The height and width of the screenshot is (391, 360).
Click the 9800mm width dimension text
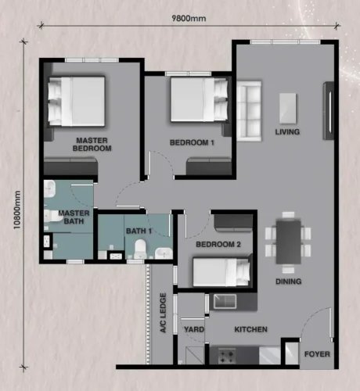[189, 18]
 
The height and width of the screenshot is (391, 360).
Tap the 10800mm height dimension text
[17, 210]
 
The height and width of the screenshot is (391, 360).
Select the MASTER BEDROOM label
[92, 145]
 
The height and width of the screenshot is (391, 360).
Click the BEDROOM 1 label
[192, 142]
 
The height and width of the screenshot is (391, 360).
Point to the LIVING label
[287, 132]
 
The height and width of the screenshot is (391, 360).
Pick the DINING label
[289, 282]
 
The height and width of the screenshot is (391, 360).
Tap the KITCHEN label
[250, 329]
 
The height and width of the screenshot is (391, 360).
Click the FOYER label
[317, 354]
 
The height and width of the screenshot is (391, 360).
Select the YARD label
[194, 329]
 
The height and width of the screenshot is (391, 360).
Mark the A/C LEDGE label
[163, 313]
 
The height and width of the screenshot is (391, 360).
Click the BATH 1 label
[139, 231]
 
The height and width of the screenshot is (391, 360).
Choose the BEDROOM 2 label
[218, 245]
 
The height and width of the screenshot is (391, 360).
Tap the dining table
[288, 242]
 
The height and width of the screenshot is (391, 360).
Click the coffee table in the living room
[288, 109]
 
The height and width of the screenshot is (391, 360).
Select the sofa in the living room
[249, 111]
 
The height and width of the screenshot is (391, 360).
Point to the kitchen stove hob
[226, 357]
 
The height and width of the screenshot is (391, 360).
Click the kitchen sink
[225, 302]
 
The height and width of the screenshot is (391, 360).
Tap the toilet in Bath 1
[140, 249]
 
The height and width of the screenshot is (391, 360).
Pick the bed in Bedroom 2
[221, 271]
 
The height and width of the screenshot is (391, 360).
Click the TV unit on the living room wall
[329, 111]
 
